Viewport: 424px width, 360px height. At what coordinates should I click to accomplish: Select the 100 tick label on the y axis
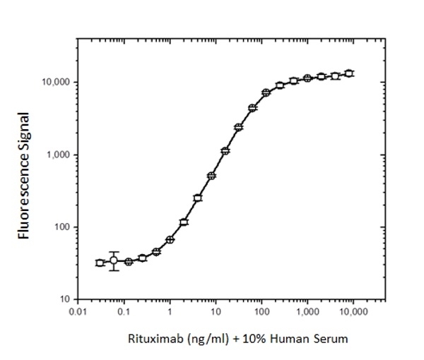pyautogui.click(x=62, y=227)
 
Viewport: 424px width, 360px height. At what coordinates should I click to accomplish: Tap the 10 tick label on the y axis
pyautogui.click(x=64, y=299)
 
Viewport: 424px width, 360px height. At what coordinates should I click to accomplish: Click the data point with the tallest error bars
pyautogui.click(x=114, y=260)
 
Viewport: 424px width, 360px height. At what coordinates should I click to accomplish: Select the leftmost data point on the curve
pyautogui.click(x=100, y=263)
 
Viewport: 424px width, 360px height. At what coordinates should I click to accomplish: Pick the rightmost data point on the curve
pyautogui.click(x=348, y=73)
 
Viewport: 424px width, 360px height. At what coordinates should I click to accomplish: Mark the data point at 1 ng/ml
pyautogui.click(x=170, y=239)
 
